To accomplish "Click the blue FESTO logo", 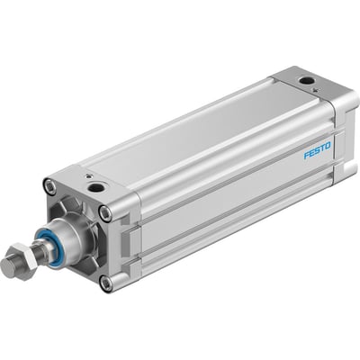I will click(316, 148).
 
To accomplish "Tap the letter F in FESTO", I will click(306, 154).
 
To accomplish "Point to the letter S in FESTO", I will click(316, 148).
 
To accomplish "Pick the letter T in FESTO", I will click(321, 146).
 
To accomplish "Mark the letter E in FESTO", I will click(310, 151).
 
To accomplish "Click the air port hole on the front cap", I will click(94, 188).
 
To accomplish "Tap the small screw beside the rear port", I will click(293, 77).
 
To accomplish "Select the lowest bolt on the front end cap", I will click(107, 283).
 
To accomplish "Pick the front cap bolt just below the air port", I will click(105, 212).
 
